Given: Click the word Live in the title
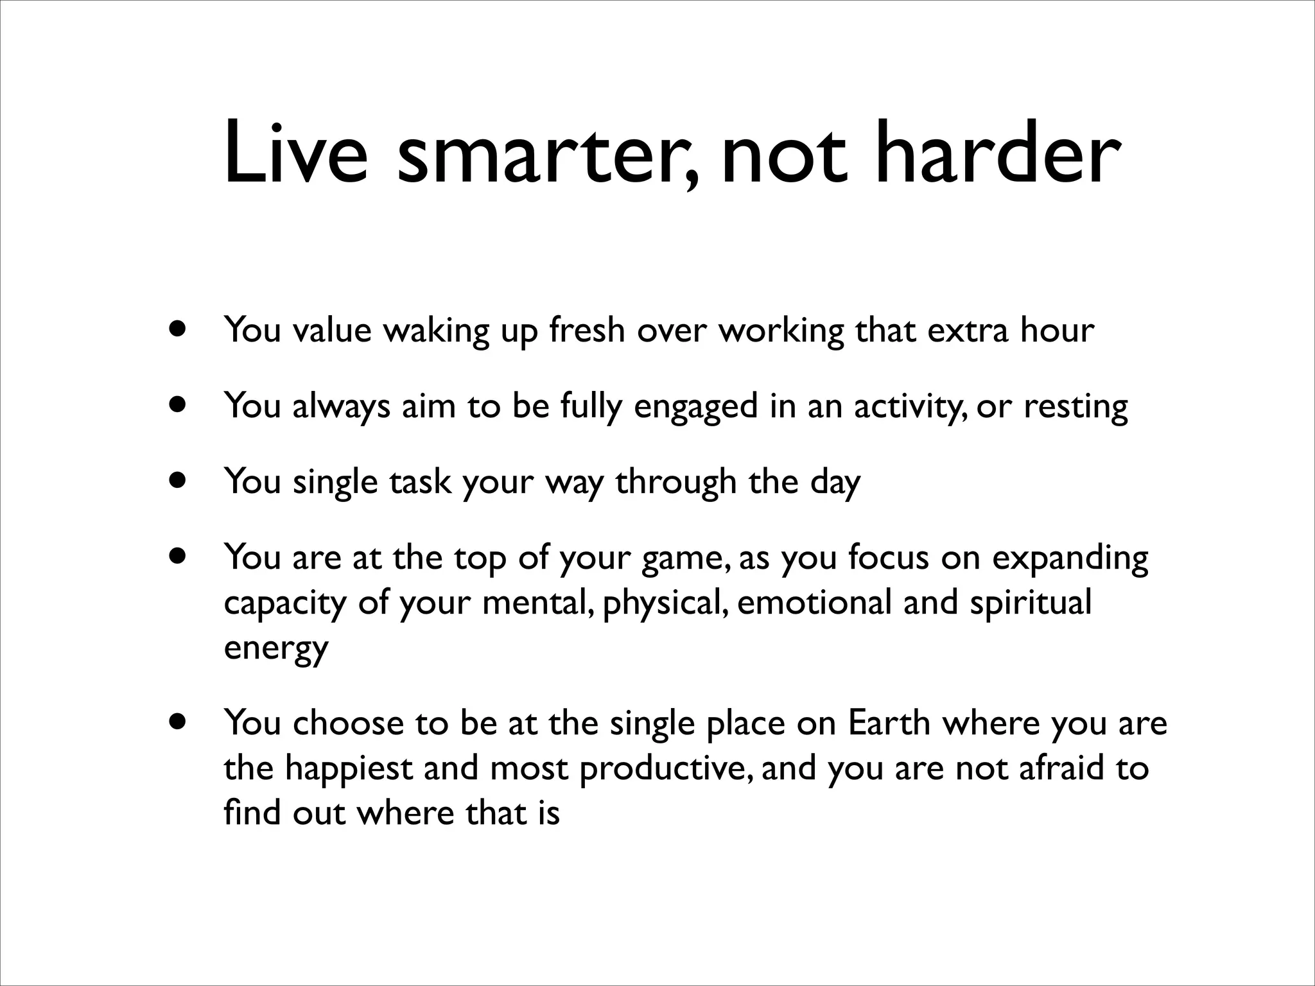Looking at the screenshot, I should [x=296, y=155].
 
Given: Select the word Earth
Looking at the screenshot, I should [x=889, y=723].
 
